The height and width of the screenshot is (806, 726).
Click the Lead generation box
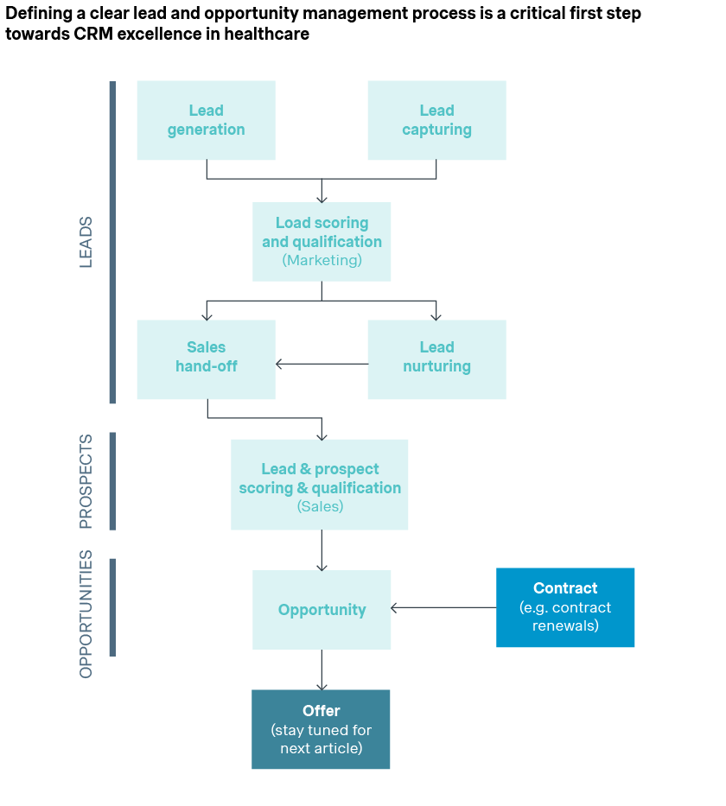[x=206, y=120]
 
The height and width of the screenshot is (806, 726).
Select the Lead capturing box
[x=436, y=120]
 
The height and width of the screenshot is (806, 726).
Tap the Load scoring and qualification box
[x=322, y=241]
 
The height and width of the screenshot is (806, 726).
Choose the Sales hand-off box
[x=206, y=359]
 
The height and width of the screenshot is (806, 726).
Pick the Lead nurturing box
[x=436, y=359]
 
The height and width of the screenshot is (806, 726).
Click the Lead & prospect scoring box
[x=319, y=484]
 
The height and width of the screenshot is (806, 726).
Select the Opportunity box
[x=322, y=609]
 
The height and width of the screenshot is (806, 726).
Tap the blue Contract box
[x=565, y=606]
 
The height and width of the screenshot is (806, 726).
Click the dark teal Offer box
[x=321, y=729]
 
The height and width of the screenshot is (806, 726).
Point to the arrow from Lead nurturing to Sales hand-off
[x=322, y=364]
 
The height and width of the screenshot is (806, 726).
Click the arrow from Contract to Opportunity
[x=443, y=607]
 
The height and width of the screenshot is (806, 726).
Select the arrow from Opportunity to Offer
[x=322, y=670]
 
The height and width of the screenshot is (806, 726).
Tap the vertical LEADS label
[x=86, y=242]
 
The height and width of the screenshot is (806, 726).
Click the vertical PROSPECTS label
[x=86, y=480]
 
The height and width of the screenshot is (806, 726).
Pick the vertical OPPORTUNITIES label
[x=86, y=614]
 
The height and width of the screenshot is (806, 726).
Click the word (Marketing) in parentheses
[x=322, y=260]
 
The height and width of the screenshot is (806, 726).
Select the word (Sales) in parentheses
[x=320, y=507]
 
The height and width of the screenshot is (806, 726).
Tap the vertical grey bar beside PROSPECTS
[x=112, y=480]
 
